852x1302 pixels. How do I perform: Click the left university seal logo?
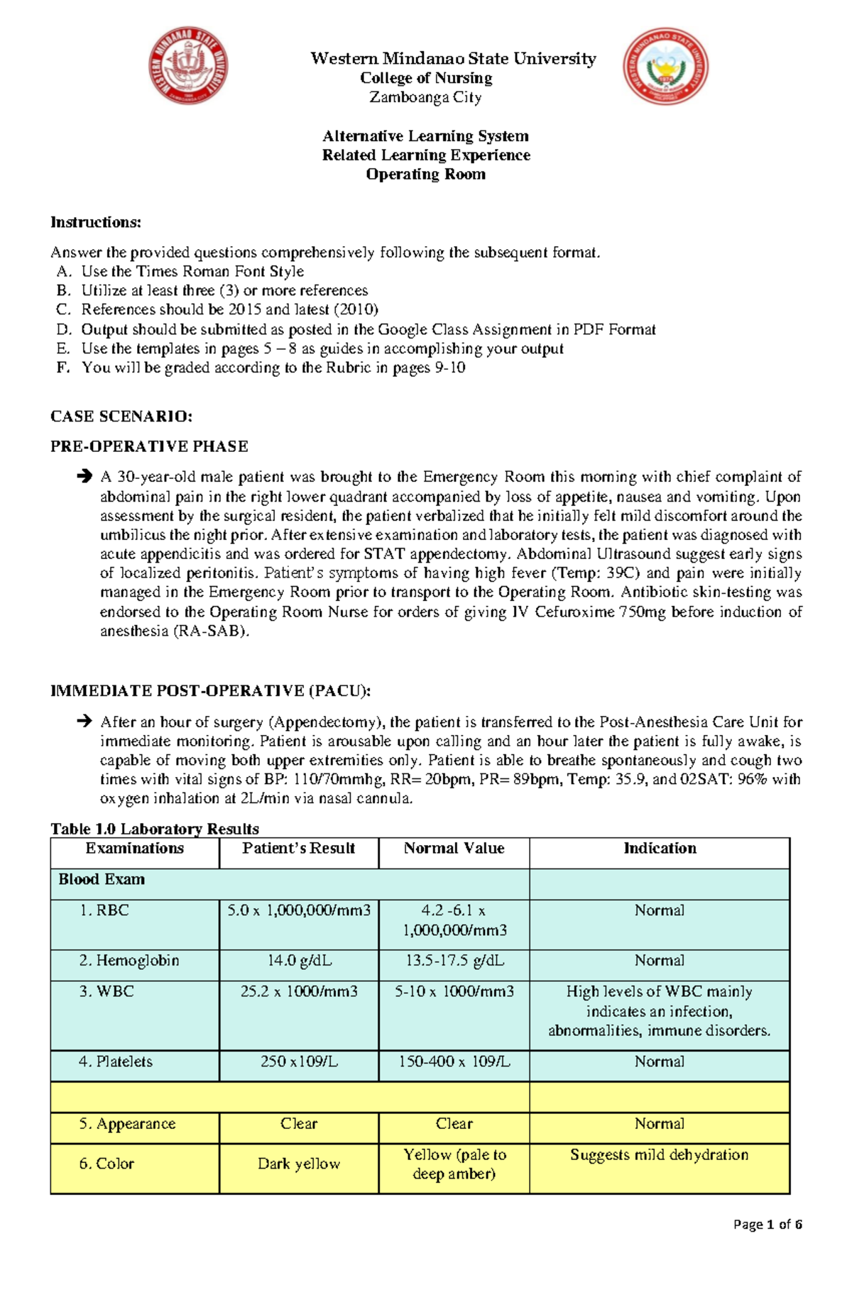187,67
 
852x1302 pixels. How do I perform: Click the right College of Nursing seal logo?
665,67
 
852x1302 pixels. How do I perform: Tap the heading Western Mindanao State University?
453,59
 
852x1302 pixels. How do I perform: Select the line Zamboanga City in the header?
425,97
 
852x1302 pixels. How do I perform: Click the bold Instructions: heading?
96,222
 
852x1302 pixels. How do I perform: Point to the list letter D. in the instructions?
64,329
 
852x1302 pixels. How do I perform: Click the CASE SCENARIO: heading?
121,416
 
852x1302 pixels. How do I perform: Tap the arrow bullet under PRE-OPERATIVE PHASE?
84,476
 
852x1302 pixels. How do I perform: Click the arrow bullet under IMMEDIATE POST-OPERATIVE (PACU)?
84,722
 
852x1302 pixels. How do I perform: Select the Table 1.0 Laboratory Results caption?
154,829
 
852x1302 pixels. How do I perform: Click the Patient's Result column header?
298,849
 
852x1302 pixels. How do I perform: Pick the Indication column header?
660,849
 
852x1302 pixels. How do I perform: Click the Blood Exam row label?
102,880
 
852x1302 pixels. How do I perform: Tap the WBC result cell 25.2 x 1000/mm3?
298,991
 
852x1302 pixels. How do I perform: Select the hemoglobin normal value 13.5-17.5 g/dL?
454,961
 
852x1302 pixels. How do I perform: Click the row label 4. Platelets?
115,1061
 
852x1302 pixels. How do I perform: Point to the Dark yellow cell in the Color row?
298,1164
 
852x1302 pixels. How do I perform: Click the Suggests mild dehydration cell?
659,1155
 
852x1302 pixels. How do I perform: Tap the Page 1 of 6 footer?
768,1225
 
